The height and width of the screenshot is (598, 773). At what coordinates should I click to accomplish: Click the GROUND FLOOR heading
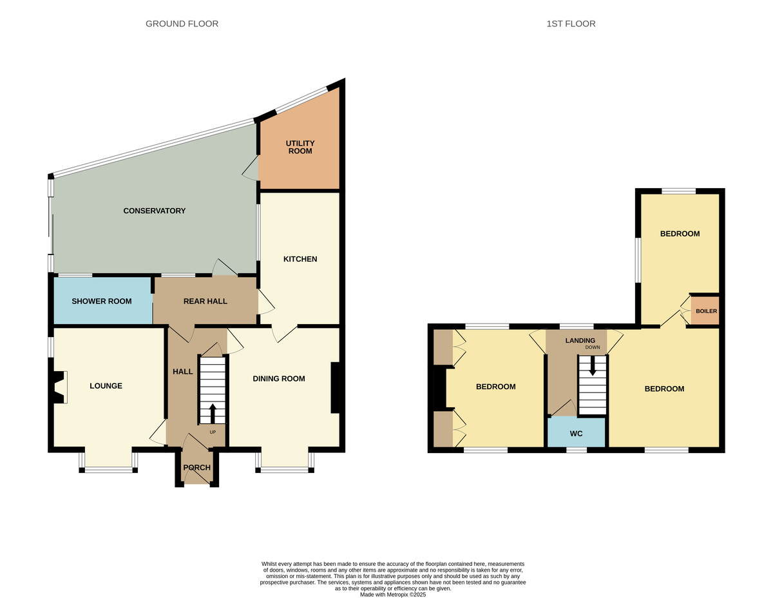click(182, 24)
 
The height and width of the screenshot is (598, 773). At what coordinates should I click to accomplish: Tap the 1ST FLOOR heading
click(571, 24)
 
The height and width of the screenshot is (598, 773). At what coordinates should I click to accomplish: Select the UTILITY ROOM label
click(300, 147)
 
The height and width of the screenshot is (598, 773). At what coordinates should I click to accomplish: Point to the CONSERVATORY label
click(155, 211)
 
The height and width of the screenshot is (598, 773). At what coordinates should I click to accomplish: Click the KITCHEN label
click(300, 259)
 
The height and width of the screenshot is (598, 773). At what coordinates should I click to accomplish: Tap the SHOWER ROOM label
click(101, 302)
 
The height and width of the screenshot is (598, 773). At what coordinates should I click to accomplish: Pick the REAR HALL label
click(205, 302)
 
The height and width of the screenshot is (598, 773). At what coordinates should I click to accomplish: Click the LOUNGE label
click(106, 386)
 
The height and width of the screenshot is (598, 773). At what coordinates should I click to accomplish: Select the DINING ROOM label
click(278, 379)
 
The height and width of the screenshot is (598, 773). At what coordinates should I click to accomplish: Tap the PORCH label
click(196, 467)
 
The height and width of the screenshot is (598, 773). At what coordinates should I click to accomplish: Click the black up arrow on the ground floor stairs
click(213, 413)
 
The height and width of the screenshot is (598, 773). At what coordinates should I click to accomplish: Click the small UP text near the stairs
click(213, 432)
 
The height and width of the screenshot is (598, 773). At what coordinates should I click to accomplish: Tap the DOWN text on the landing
click(592, 347)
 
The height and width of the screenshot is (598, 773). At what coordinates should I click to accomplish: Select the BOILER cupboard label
click(706, 311)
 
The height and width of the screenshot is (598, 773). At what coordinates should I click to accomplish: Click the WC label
click(576, 434)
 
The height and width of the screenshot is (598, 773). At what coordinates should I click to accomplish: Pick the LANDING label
click(580, 340)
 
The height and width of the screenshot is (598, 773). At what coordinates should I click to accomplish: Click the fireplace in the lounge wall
click(59, 387)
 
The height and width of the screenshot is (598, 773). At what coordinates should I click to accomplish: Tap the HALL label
click(182, 372)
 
